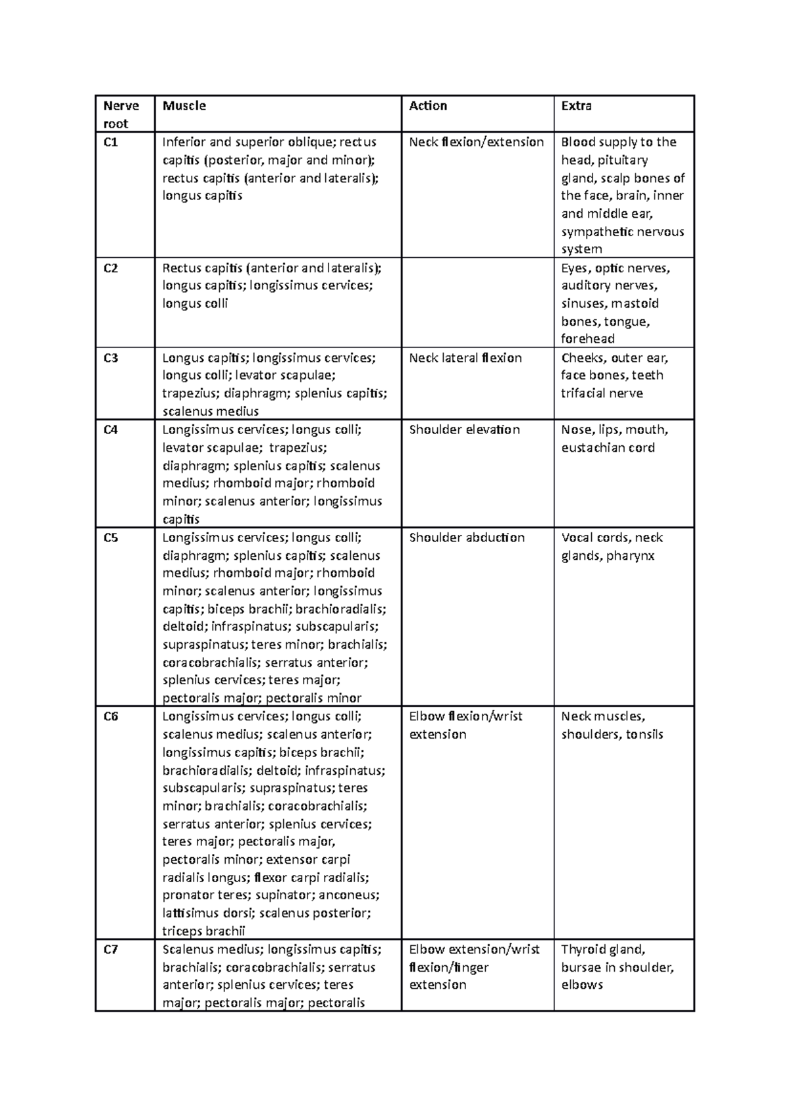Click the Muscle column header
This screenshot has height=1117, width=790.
tap(184, 106)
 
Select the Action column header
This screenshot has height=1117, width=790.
tap(428, 106)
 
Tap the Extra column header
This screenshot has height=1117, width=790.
tap(576, 106)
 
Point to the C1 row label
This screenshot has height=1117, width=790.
tap(111, 142)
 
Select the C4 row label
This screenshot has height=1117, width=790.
tap(111, 430)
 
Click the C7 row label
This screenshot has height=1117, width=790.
tap(111, 949)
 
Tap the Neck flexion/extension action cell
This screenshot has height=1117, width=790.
tap(476, 142)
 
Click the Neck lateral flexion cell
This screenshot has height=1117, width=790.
tap(465, 358)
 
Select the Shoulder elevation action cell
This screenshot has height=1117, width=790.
tap(464, 430)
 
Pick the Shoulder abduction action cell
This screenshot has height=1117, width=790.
tap(467, 537)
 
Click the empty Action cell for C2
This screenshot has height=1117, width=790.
tap(477, 303)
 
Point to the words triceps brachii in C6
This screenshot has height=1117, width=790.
tap(203, 931)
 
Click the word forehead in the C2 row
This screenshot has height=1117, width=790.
tap(587, 339)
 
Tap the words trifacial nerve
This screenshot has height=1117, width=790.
tap(602, 393)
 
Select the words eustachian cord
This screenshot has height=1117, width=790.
tap(608, 447)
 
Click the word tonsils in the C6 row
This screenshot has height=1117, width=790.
tap(645, 734)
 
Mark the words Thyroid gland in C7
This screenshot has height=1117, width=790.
tap(602, 949)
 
